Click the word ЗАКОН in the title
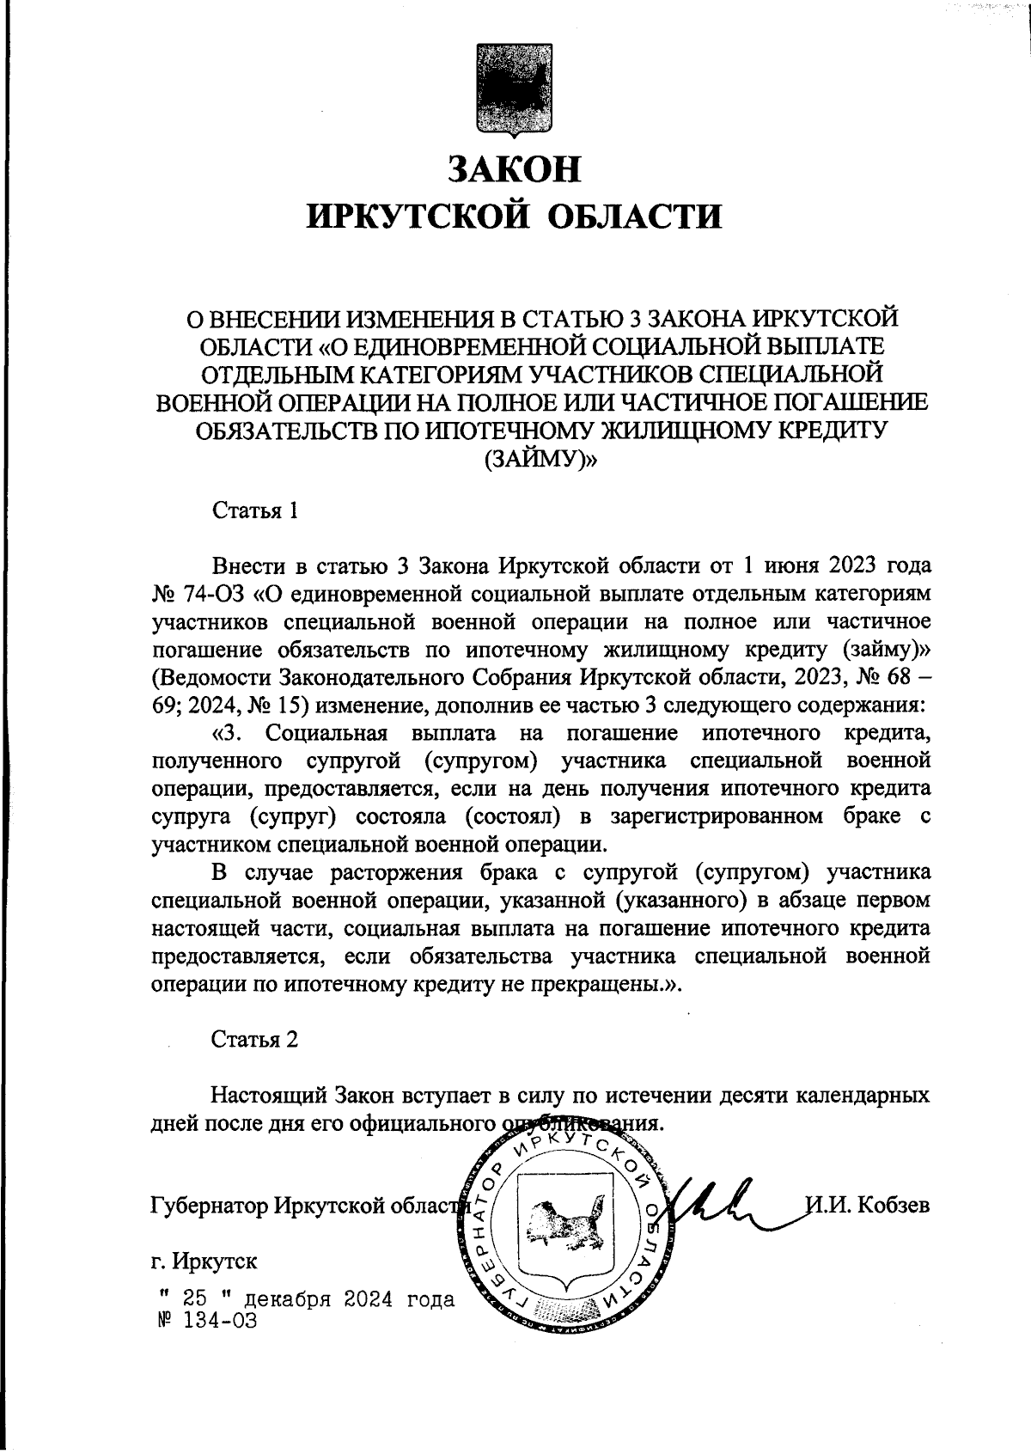(x=515, y=169)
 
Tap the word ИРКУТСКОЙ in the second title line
(x=417, y=216)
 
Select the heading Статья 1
(x=255, y=511)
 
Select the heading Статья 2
(x=255, y=1039)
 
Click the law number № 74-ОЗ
(x=198, y=594)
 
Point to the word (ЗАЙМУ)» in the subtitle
(x=540, y=460)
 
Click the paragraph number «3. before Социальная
(x=229, y=733)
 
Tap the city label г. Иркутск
(x=204, y=1262)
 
